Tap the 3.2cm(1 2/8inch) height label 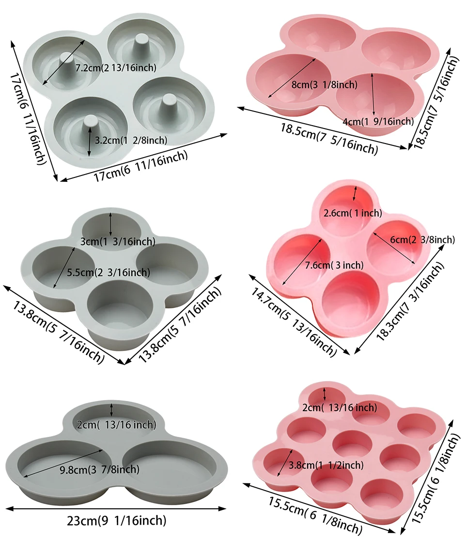coord(131,141)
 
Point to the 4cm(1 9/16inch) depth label coord(378,121)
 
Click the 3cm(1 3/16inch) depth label coord(118,241)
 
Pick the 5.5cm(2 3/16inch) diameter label coord(109,272)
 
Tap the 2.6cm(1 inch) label coord(353,213)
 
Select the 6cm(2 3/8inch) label coord(422,239)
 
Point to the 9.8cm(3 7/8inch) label coord(99,469)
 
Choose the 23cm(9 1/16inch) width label coord(116,521)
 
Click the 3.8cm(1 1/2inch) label coord(325,465)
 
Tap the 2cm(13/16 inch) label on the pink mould coord(340,408)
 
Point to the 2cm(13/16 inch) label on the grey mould coord(117,425)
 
